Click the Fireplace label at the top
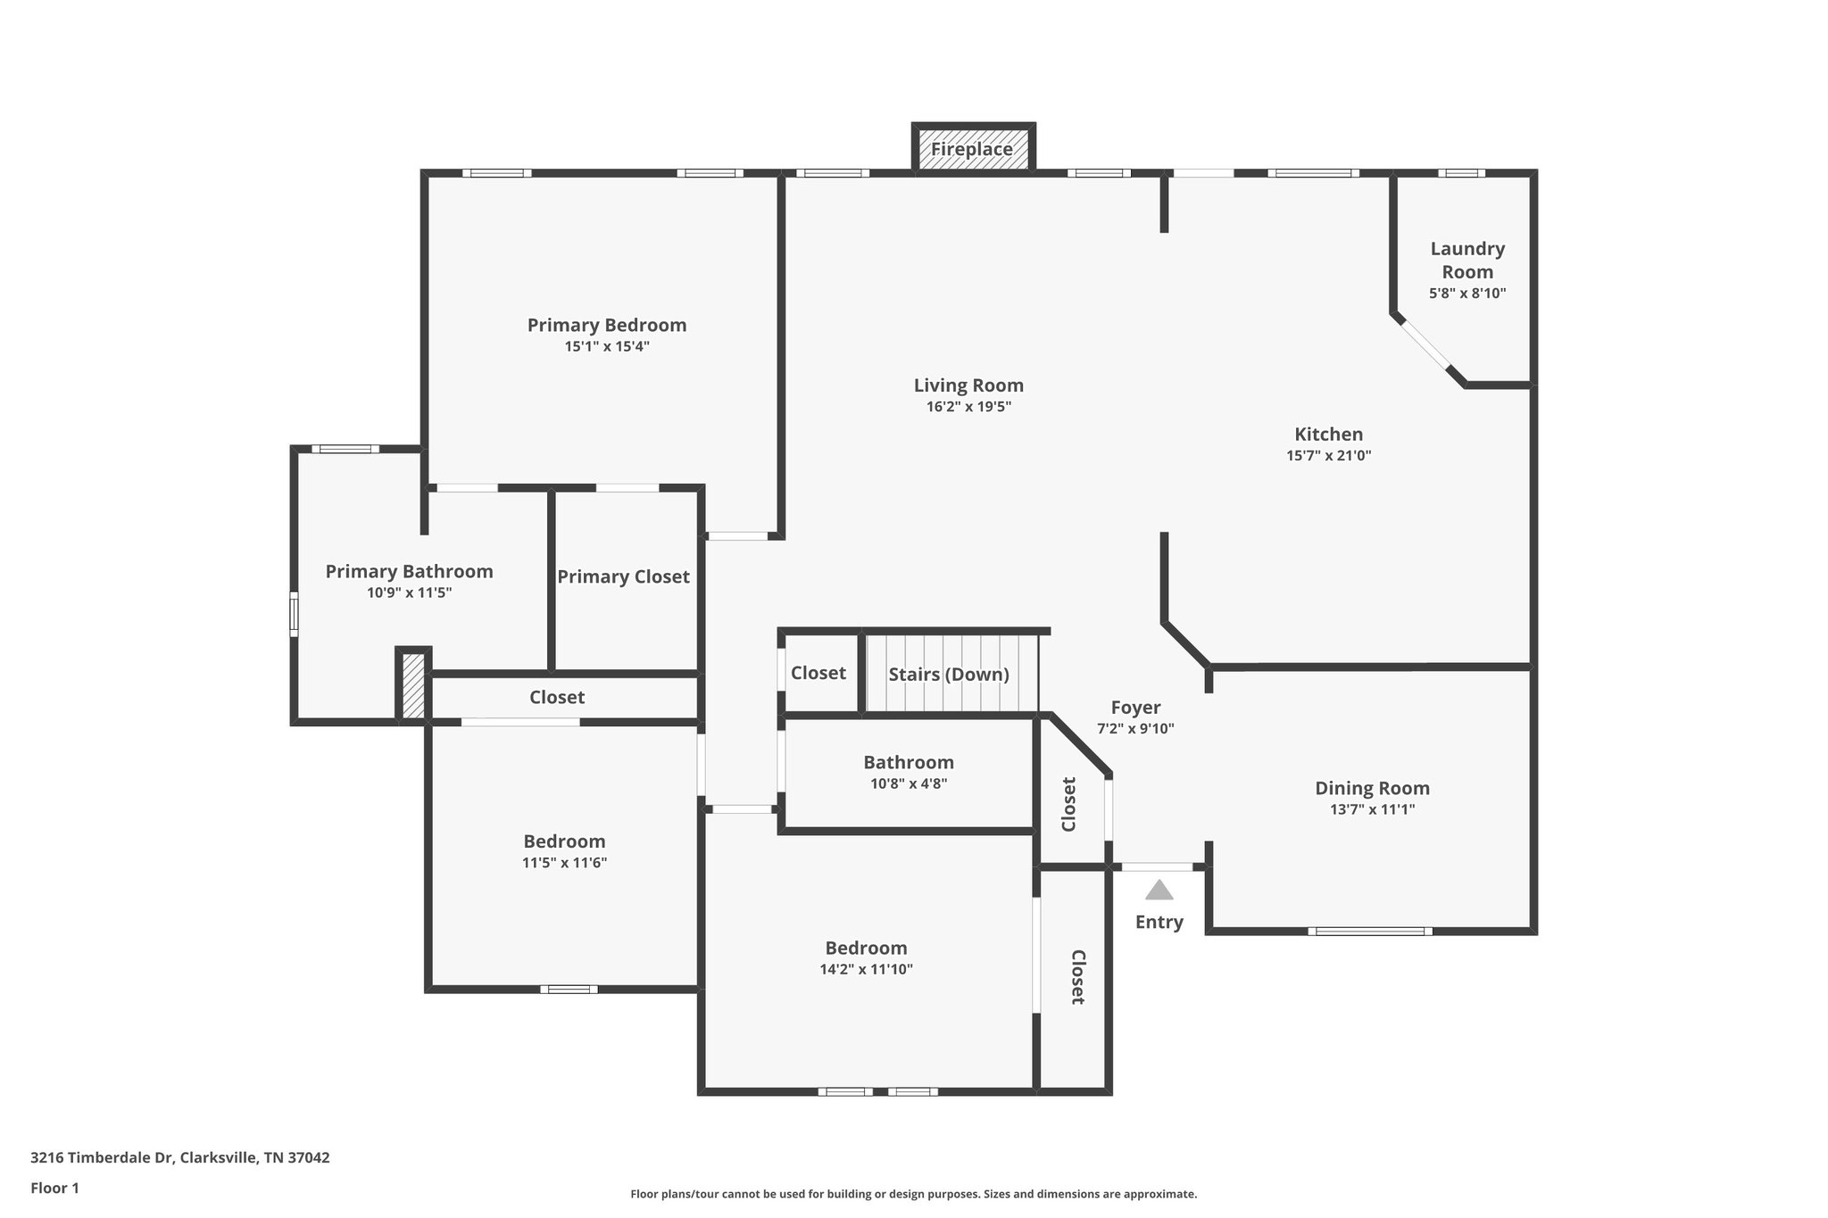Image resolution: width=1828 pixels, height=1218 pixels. (972, 150)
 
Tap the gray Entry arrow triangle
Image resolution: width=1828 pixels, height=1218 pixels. (1159, 890)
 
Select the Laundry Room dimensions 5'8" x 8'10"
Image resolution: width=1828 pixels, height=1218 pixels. (1467, 293)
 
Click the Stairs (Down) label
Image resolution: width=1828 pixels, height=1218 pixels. (948, 675)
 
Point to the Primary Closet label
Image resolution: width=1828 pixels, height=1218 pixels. (623, 577)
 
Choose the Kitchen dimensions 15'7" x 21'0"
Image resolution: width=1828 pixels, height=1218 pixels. (1328, 455)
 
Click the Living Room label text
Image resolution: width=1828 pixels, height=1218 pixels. (968, 385)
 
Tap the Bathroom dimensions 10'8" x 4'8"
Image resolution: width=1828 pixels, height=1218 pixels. (909, 783)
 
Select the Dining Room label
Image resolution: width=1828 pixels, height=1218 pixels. (1372, 788)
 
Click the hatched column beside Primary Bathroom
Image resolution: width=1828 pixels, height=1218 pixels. (413, 685)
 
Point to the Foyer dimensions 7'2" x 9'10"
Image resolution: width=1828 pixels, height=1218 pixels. (1135, 728)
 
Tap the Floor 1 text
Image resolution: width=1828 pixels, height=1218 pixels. (54, 1188)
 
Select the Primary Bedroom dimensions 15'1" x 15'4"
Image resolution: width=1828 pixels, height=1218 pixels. (607, 346)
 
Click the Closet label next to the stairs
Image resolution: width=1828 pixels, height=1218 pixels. (818, 673)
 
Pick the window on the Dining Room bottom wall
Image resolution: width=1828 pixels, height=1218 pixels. (1370, 932)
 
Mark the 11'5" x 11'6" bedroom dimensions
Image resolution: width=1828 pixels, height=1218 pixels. (564, 863)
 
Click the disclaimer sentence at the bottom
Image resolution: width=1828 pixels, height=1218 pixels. (913, 1194)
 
